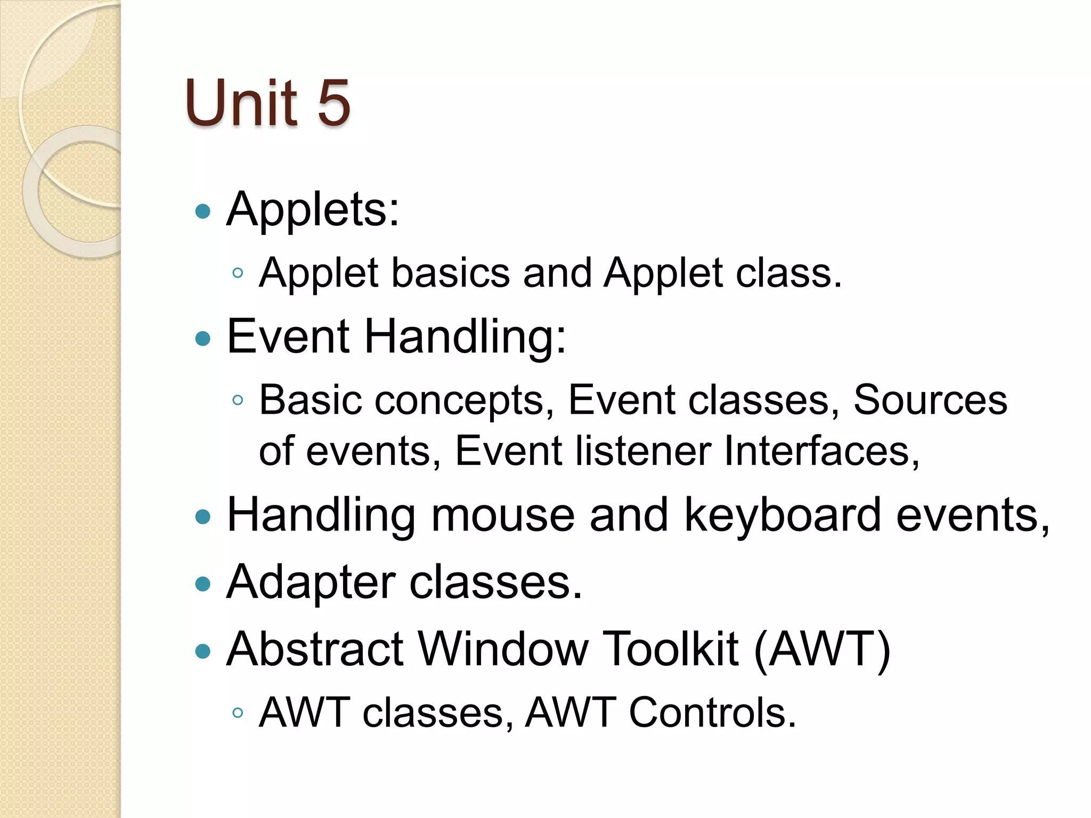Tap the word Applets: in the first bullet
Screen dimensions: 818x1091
coord(313,210)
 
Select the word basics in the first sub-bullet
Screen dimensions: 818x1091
coord(451,273)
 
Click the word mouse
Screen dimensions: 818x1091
coord(502,516)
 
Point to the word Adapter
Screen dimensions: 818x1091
coord(311,583)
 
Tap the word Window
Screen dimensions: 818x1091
coord(503,649)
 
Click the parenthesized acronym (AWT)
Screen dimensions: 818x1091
coord(822,650)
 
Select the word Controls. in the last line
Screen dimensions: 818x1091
coord(713,713)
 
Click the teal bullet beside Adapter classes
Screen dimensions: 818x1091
coord(203,584)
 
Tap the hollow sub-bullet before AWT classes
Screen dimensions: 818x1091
coord(238,713)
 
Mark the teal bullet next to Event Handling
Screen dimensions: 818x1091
coord(203,339)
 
